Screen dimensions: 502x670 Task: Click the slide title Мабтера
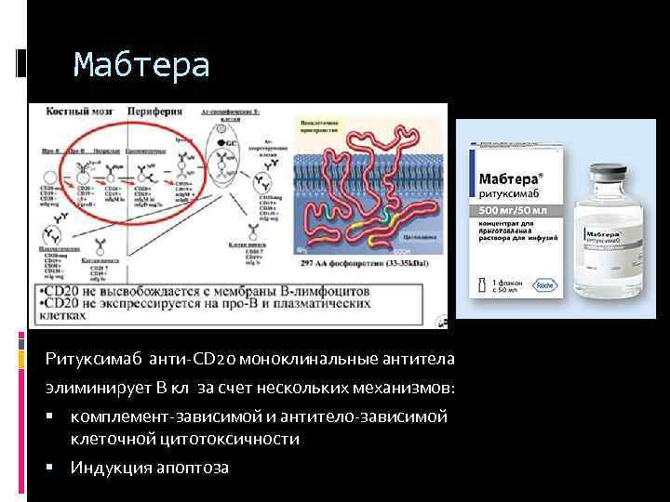tap(141, 65)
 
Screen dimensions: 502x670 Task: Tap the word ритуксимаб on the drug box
tap(508, 194)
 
